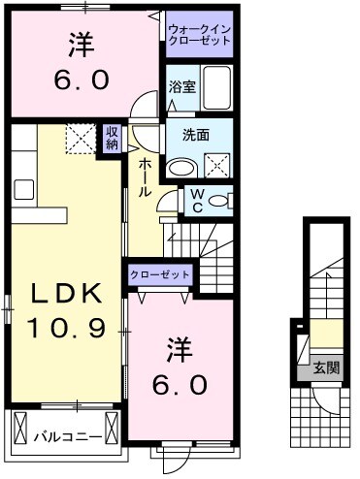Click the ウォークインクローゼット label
point(200,37)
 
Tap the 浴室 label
point(181,86)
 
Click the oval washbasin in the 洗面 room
point(180,166)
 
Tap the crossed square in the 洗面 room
point(217,162)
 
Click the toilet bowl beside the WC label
point(219,201)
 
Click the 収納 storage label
point(114,138)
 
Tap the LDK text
point(61,294)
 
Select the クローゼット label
point(160,276)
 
